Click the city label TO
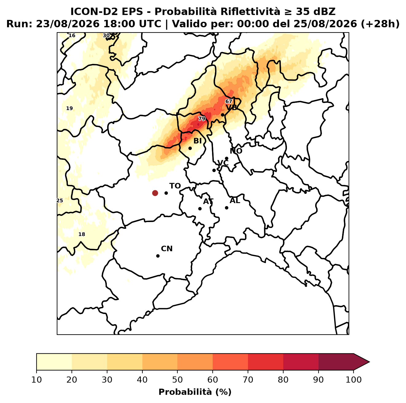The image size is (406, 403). [x=175, y=186]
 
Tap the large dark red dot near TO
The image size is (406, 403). [x=155, y=193]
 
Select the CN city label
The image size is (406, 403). [x=167, y=249]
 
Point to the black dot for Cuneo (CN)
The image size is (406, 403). [x=158, y=256]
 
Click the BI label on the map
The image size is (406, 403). [x=198, y=141]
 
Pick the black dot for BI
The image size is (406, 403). [x=190, y=148]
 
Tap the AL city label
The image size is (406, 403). [x=235, y=201]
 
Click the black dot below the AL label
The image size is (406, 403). [x=226, y=208]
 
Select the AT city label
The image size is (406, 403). [x=208, y=201]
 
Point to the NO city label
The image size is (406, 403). [x=236, y=151]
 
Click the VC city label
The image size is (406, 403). [x=223, y=163]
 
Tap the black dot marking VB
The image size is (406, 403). [x=222, y=115]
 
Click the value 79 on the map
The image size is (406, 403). [x=202, y=119]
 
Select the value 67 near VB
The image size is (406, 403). [x=229, y=102]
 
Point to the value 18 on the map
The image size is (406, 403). [x=82, y=234]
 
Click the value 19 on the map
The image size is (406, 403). [x=70, y=109]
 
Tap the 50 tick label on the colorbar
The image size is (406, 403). [x=177, y=380]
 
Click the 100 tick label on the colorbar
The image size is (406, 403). [x=354, y=380]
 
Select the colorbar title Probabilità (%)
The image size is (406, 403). [x=195, y=392]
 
